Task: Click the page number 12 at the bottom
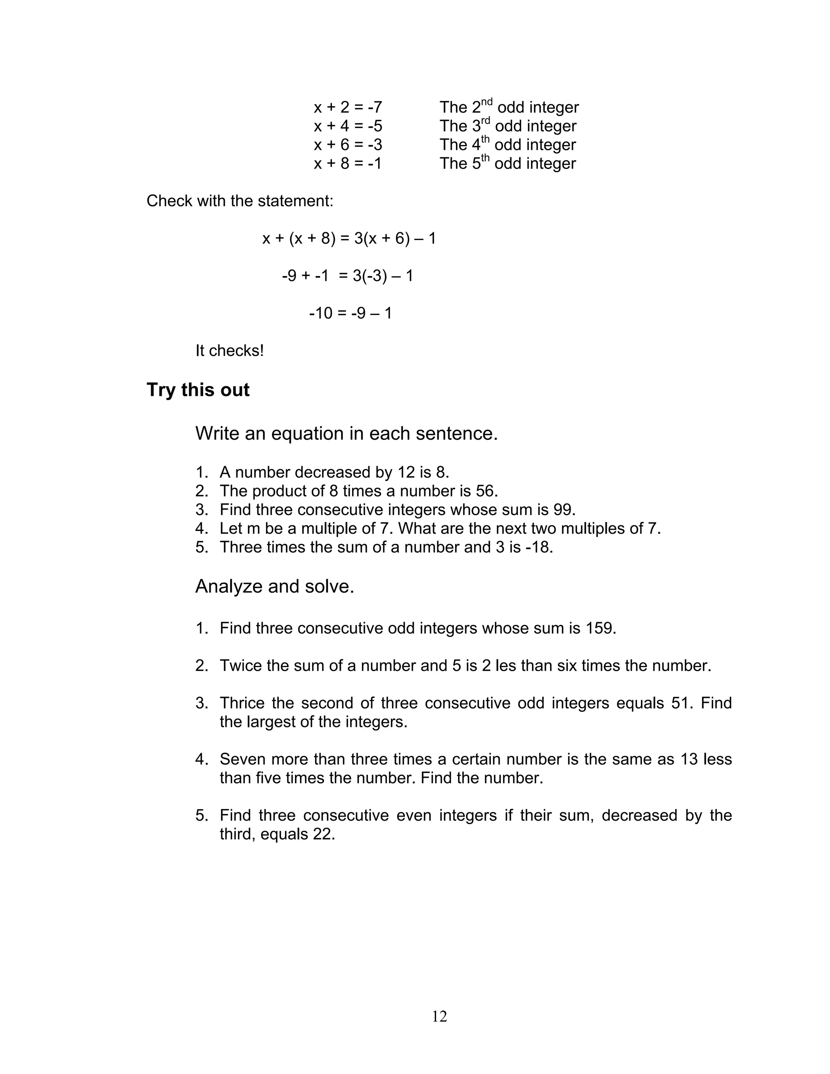pyautogui.click(x=439, y=1016)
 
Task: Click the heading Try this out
pyautogui.click(x=198, y=390)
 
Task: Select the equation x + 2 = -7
pyautogui.click(x=348, y=107)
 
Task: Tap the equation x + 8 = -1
pyautogui.click(x=348, y=163)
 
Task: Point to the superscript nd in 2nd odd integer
pyautogui.click(x=486, y=102)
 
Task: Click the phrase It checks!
pyautogui.click(x=230, y=351)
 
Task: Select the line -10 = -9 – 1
pyautogui.click(x=350, y=313)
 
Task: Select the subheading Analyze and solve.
pyautogui.click(x=274, y=586)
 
